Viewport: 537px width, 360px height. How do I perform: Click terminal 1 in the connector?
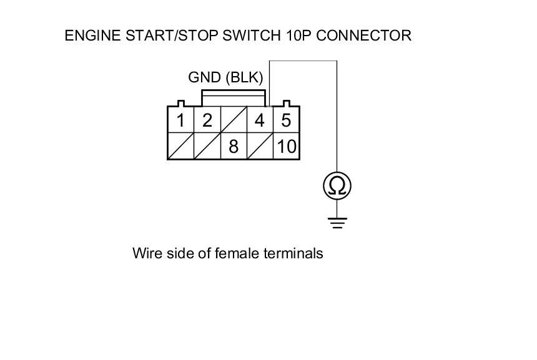click(x=181, y=120)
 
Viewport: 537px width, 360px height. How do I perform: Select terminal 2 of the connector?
click(x=207, y=120)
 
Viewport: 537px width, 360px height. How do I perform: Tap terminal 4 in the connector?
click(x=260, y=120)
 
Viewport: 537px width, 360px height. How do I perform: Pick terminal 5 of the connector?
click(x=286, y=120)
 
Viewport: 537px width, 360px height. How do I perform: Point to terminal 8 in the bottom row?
click(x=234, y=147)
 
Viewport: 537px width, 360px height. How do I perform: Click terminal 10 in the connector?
click(x=286, y=147)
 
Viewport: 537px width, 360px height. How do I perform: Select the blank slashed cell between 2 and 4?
click(x=234, y=120)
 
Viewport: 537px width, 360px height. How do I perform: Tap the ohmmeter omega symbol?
click(x=337, y=185)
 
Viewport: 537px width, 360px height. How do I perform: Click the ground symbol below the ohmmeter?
click(x=337, y=221)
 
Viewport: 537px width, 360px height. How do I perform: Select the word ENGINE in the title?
click(x=87, y=36)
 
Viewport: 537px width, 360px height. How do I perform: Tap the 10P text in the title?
click(x=322, y=36)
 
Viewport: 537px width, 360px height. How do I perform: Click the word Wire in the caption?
click(x=145, y=253)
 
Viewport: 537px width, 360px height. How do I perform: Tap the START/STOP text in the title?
click(x=177, y=36)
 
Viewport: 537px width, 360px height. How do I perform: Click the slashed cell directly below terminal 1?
click(x=181, y=147)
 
